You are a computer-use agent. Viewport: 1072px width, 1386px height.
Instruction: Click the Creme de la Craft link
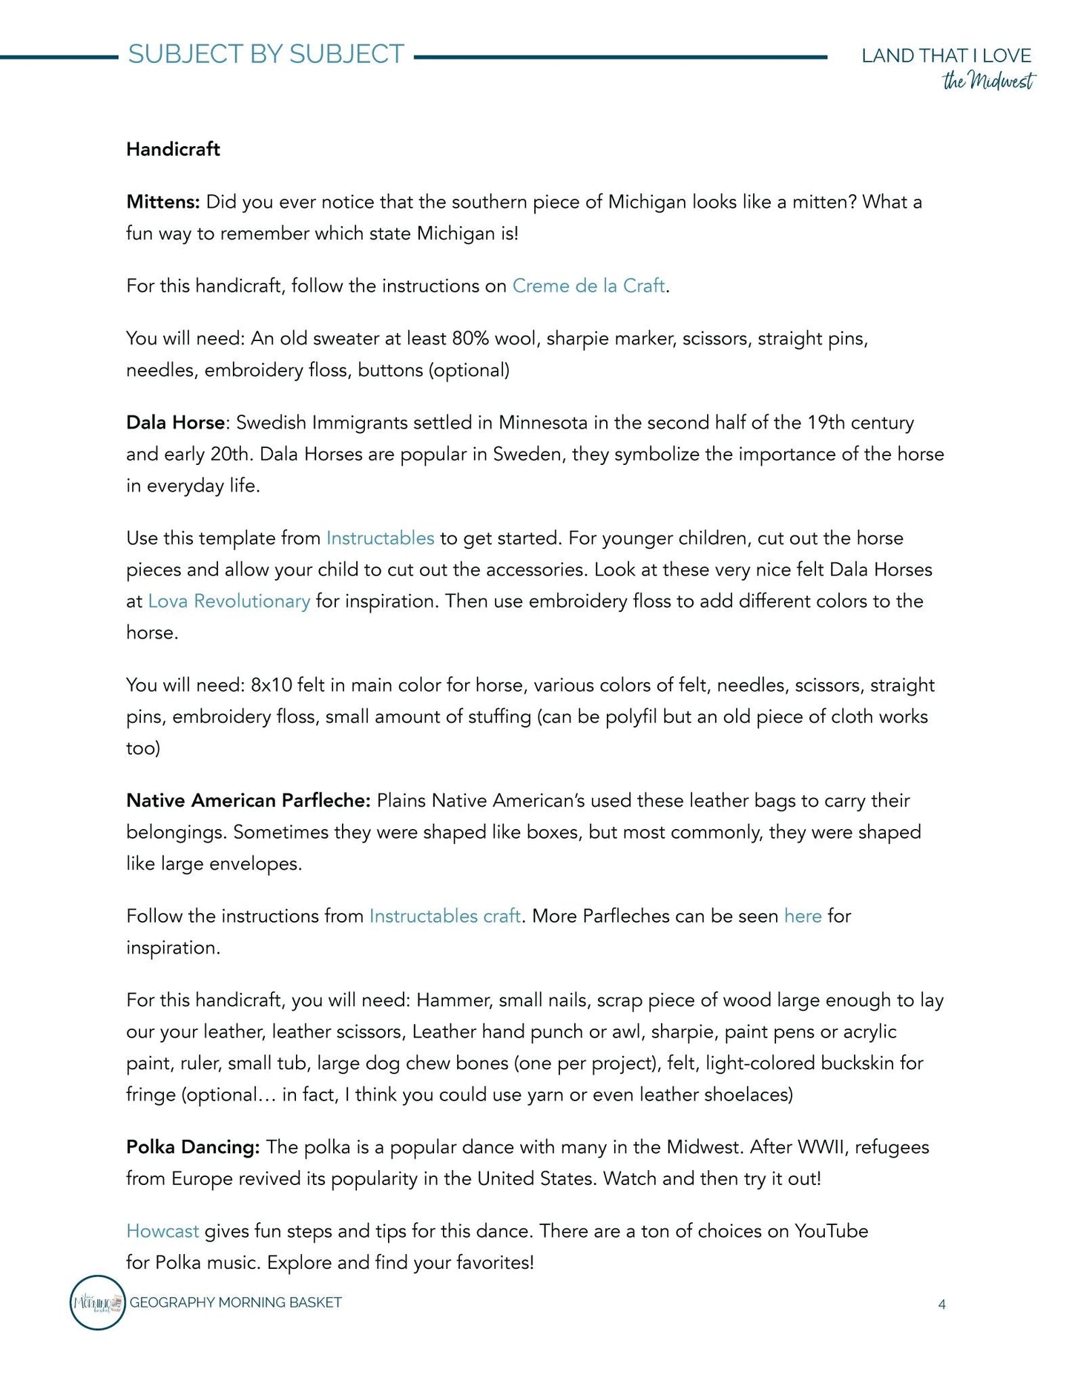click(x=588, y=286)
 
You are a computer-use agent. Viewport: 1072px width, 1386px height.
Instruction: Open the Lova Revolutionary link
click(x=228, y=601)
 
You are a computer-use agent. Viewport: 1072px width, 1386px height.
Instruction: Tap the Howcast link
click(x=162, y=1231)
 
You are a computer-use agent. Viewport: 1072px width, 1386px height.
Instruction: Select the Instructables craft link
click(x=444, y=917)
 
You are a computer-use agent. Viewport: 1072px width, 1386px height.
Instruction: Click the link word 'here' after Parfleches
click(x=802, y=917)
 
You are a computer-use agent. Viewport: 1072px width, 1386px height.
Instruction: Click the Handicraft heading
click(x=173, y=149)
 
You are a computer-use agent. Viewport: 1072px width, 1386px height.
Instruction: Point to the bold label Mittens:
click(x=163, y=202)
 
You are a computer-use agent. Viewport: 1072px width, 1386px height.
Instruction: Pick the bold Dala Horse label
click(x=175, y=423)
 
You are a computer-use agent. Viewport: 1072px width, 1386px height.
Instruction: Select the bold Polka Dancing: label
click(x=193, y=1147)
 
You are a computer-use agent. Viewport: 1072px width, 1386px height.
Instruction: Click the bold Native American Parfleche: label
click(x=248, y=801)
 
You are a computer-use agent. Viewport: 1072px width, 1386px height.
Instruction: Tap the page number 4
click(x=941, y=1304)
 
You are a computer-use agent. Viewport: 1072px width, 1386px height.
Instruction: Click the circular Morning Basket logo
click(x=97, y=1302)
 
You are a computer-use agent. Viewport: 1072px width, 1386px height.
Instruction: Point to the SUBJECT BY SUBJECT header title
click(x=266, y=54)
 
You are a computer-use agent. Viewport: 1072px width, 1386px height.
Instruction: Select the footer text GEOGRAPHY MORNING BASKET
click(x=235, y=1302)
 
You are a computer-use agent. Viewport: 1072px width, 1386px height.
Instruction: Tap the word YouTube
click(x=831, y=1231)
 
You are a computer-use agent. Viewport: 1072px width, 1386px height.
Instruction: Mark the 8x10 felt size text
click(x=272, y=685)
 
